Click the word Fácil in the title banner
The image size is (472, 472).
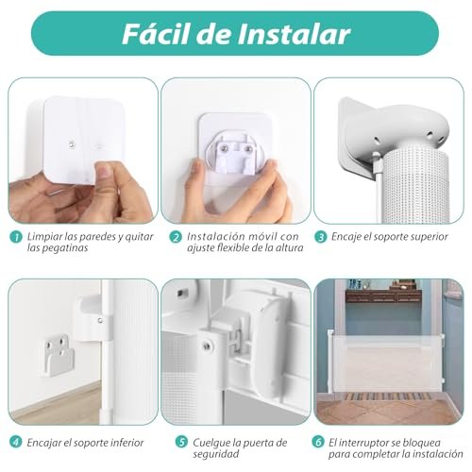pyautogui.click(x=156, y=34)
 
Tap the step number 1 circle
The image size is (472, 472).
pyautogui.click(x=16, y=237)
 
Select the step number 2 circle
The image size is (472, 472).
pyautogui.click(x=176, y=237)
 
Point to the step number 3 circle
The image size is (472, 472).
pyautogui.click(x=321, y=237)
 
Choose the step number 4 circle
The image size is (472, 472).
pyautogui.click(x=16, y=442)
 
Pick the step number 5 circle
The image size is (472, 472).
pyautogui.click(x=181, y=442)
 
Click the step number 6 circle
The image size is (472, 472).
pyautogui.click(x=318, y=442)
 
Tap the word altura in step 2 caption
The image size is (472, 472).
pyautogui.click(x=290, y=247)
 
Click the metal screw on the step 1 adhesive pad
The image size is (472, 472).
pyautogui.click(x=72, y=144)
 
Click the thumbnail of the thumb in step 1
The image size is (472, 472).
pyautogui.click(x=105, y=170)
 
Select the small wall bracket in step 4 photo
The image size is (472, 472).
pyautogui.click(x=58, y=356)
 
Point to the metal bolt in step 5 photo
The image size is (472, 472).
pyautogui.click(x=207, y=346)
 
